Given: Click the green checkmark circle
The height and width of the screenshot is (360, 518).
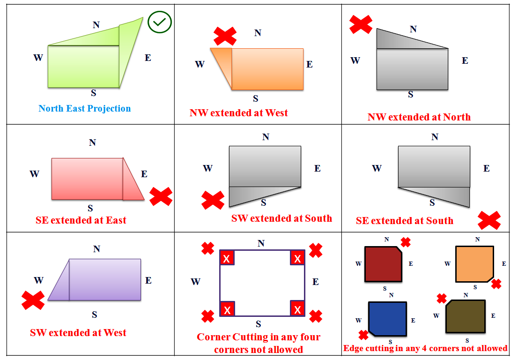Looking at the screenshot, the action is (160, 22).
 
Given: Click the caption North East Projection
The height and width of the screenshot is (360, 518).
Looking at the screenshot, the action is (85, 109).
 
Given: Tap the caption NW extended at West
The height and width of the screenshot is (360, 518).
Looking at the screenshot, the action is (239, 113).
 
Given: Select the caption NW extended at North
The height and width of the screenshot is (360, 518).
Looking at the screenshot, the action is (419, 117).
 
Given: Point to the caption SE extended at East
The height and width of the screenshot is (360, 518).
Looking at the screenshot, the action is (81, 220).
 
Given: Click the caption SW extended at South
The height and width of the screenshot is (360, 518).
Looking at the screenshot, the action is (281, 218).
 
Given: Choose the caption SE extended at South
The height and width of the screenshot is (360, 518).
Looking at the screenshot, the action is (405, 221).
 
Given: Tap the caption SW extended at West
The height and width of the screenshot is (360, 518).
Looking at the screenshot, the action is (78, 333).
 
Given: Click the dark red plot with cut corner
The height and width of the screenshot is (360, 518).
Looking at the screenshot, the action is (383, 264).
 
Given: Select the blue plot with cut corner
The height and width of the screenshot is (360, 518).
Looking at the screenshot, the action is (387, 318).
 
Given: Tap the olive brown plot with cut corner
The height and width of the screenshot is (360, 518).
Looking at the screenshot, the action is (465, 316).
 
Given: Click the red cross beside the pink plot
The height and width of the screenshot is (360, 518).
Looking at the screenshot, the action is (161, 196).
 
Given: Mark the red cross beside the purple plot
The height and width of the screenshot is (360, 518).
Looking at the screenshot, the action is (33, 300).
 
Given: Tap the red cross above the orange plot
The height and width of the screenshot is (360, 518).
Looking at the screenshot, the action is (225, 36).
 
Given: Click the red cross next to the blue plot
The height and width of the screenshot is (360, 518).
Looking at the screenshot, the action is (363, 335).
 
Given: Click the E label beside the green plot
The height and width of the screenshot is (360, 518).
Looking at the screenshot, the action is (148, 58).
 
